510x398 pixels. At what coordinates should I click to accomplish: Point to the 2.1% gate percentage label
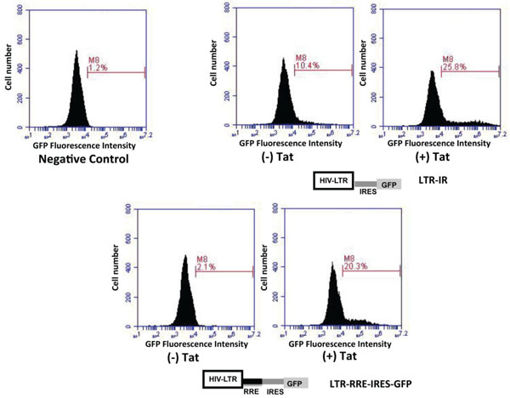(x=207, y=267)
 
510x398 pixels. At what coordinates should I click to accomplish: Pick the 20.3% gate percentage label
(x=354, y=267)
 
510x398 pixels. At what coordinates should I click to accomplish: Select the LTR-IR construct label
(x=433, y=180)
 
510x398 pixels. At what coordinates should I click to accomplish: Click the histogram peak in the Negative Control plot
(x=77, y=52)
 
